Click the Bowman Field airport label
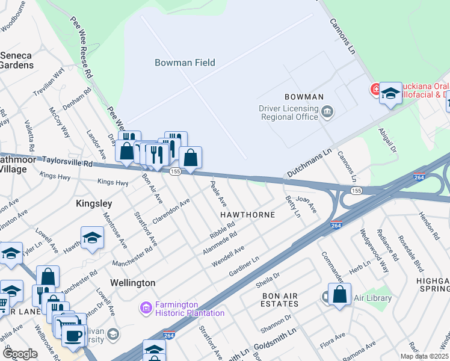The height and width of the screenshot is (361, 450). pos(185,63)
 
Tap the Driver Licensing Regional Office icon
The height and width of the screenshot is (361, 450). pos(327,111)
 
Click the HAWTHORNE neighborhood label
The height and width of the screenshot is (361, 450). pos(247,214)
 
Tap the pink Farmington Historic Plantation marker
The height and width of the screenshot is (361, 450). pos(145,309)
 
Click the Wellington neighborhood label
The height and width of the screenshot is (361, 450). pos(133,282)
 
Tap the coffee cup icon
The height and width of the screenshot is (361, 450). pos(74,335)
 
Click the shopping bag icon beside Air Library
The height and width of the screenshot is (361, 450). pos(340,294)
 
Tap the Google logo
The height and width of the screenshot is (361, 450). pos(20,354)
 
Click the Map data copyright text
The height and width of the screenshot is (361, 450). pos(424,356)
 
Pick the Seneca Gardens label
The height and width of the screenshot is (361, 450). pos(16,60)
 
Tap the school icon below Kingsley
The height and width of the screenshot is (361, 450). pos(93,238)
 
